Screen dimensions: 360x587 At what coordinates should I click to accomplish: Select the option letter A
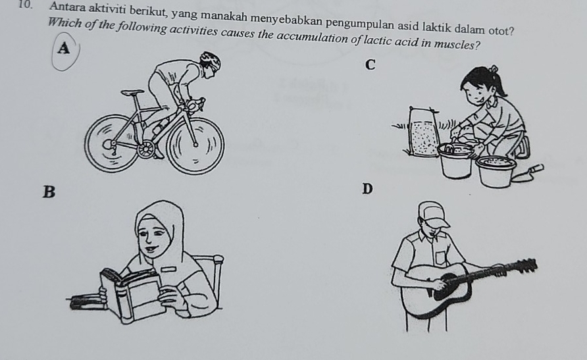click(63, 48)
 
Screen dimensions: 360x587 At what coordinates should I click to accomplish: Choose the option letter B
click(47, 192)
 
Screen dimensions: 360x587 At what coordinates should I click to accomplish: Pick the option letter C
click(371, 64)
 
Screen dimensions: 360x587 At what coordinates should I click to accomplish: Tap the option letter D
click(367, 190)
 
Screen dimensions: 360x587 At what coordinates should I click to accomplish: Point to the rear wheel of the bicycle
click(113, 144)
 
